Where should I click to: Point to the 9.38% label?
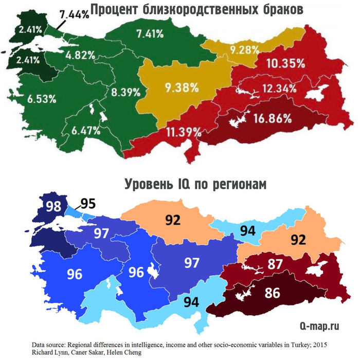(179, 87)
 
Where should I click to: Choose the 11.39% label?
(183, 132)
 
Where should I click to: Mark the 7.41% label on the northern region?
(150, 34)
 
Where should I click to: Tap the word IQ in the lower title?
(188, 183)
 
